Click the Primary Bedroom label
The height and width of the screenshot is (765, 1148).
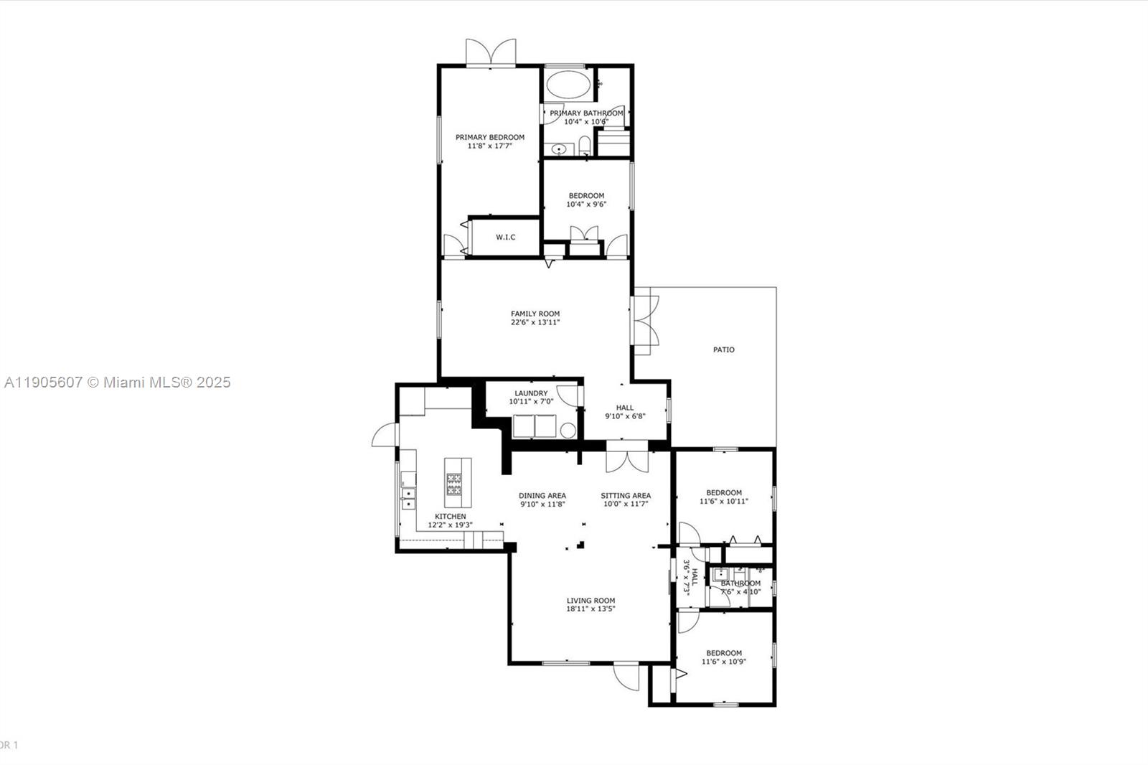[x=490, y=137]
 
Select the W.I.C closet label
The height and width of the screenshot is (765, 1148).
[x=506, y=238]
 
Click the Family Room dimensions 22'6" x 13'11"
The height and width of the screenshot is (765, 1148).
[x=535, y=323]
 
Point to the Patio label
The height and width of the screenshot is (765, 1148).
[x=723, y=350]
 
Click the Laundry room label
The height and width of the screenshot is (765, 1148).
[x=531, y=393]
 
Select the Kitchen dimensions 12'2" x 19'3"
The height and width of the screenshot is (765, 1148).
[x=450, y=525]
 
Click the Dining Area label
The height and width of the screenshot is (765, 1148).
[x=542, y=496]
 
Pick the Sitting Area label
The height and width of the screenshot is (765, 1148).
[x=626, y=496]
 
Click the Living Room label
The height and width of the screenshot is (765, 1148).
[x=591, y=601]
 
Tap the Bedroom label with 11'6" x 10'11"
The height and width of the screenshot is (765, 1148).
[x=724, y=493]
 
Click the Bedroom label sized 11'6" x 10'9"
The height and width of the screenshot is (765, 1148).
[x=724, y=653]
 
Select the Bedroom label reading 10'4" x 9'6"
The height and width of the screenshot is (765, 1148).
[x=586, y=196]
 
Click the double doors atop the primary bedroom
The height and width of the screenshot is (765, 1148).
[x=491, y=53]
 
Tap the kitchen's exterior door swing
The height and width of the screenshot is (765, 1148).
[x=385, y=434]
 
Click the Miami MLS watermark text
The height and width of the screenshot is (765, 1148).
[x=118, y=382]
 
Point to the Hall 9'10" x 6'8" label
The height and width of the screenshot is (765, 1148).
[x=625, y=408]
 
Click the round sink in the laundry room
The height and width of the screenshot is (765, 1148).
[x=568, y=431]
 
